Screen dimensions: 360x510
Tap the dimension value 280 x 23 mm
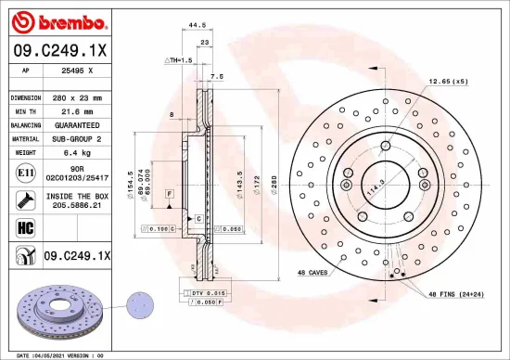[x=77, y=96]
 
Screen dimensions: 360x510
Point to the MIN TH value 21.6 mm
[x=77, y=110]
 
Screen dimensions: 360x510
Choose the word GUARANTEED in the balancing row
[x=77, y=124]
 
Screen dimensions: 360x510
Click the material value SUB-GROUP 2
[x=77, y=138]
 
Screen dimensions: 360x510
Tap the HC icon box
[x=23, y=225]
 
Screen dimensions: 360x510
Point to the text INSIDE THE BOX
[x=77, y=197]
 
